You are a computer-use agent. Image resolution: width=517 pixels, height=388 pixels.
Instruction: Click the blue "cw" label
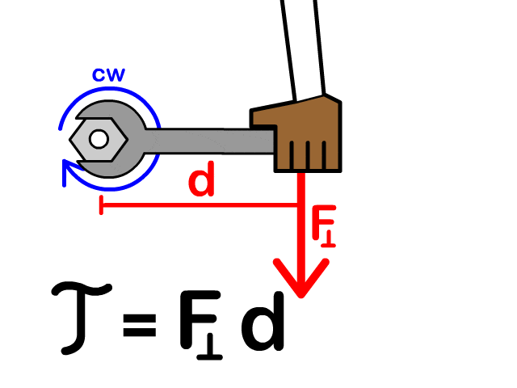[x=107, y=75]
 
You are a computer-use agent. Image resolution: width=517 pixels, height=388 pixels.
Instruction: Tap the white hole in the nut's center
[x=99, y=139]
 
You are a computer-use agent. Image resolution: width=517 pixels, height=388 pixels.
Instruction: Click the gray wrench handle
[x=210, y=141]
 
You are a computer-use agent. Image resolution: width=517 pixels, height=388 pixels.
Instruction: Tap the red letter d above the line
[x=202, y=182]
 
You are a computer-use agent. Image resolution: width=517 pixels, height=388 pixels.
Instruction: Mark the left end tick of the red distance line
[x=100, y=206]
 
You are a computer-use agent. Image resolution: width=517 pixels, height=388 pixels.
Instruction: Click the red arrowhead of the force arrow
[x=301, y=279]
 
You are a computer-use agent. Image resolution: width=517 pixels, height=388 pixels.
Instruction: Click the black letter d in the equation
[x=263, y=319]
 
